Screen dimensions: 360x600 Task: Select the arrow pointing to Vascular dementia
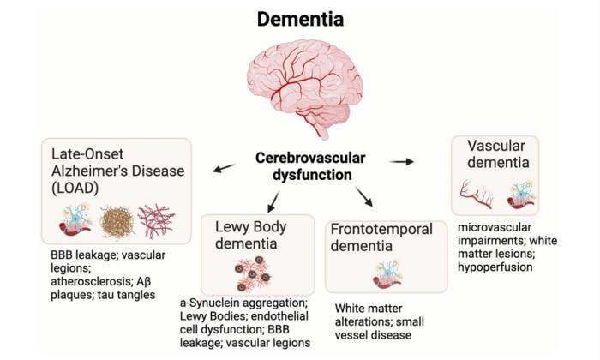[400, 160]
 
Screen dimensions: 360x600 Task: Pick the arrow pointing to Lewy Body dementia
[273, 201]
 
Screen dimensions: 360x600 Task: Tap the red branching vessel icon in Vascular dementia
[475, 195]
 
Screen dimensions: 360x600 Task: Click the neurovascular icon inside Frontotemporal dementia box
[386, 274]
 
